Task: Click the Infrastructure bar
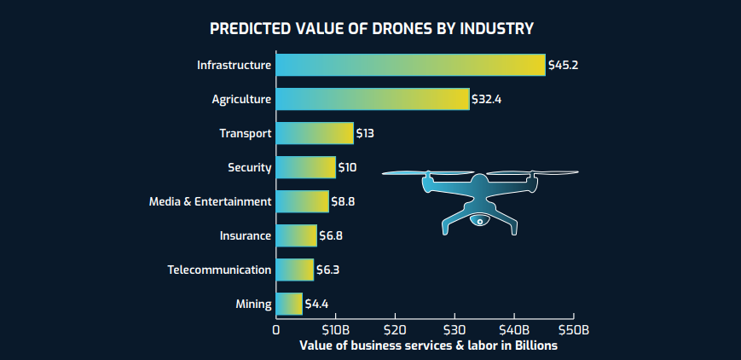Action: (410, 65)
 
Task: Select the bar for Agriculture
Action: (373, 99)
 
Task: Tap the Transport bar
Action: (314, 133)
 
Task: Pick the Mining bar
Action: (289, 304)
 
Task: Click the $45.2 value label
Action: (564, 65)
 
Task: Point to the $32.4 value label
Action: (487, 99)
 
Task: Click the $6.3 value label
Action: (328, 270)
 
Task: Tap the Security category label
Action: (250, 167)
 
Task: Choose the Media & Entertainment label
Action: (210, 201)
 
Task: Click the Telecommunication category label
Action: (219, 270)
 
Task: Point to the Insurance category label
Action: (244, 235)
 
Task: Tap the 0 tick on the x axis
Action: (276, 329)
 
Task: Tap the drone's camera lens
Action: (480, 222)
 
